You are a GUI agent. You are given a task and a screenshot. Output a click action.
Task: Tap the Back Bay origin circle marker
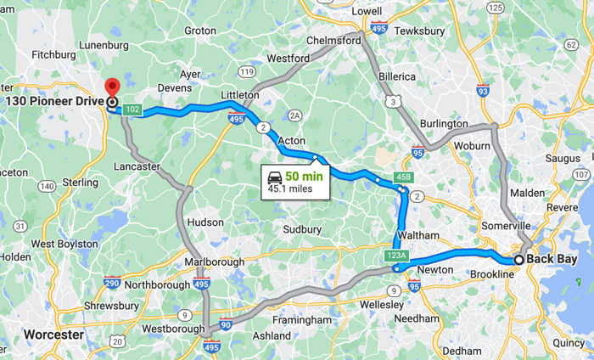pos(518,260)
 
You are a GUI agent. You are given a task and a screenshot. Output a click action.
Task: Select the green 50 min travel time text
pos(304,177)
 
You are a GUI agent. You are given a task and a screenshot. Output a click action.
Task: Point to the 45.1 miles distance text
pos(290,188)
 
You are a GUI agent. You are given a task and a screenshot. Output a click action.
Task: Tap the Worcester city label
pos(53,335)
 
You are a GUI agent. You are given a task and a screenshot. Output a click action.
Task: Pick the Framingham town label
pos(303,320)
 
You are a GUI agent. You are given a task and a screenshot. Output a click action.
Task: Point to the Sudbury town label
pos(302,229)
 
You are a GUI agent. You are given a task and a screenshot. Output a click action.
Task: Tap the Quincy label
pos(569,343)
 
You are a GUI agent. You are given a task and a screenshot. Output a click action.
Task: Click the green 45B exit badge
pos(403,177)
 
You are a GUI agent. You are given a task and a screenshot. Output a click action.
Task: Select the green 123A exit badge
pos(396,255)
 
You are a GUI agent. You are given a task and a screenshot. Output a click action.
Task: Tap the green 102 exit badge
pos(132,110)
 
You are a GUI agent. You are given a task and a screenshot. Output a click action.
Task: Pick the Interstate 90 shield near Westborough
pos(224,324)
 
